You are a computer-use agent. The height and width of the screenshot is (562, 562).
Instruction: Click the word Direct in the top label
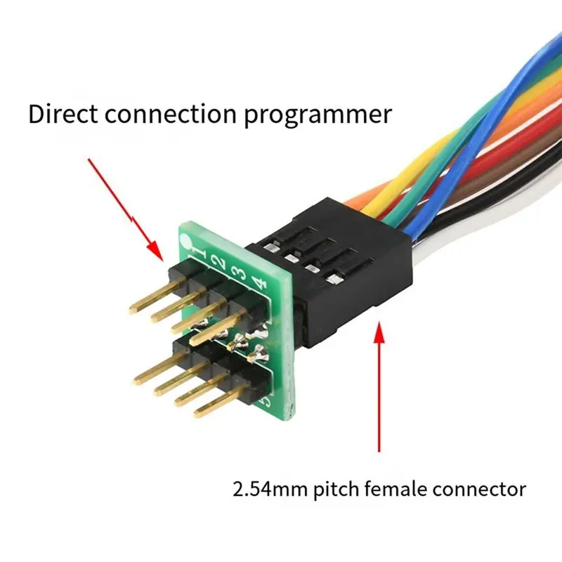(x=63, y=114)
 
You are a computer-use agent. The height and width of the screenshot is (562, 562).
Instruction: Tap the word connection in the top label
(x=171, y=115)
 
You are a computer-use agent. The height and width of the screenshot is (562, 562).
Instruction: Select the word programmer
(x=318, y=116)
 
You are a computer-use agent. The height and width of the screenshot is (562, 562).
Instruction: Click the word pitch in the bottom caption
(x=336, y=490)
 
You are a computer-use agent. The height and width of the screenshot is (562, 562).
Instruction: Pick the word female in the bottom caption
(x=395, y=488)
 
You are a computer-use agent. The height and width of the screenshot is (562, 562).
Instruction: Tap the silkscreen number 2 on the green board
(x=219, y=263)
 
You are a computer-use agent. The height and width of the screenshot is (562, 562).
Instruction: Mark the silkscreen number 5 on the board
(x=266, y=401)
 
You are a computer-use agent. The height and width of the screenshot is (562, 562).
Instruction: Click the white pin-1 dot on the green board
(x=186, y=240)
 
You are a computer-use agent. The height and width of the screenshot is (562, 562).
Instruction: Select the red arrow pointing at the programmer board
(x=126, y=210)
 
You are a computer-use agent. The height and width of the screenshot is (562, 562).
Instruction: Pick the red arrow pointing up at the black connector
(x=379, y=387)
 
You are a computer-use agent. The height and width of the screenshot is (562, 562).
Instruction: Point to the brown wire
(x=466, y=186)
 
